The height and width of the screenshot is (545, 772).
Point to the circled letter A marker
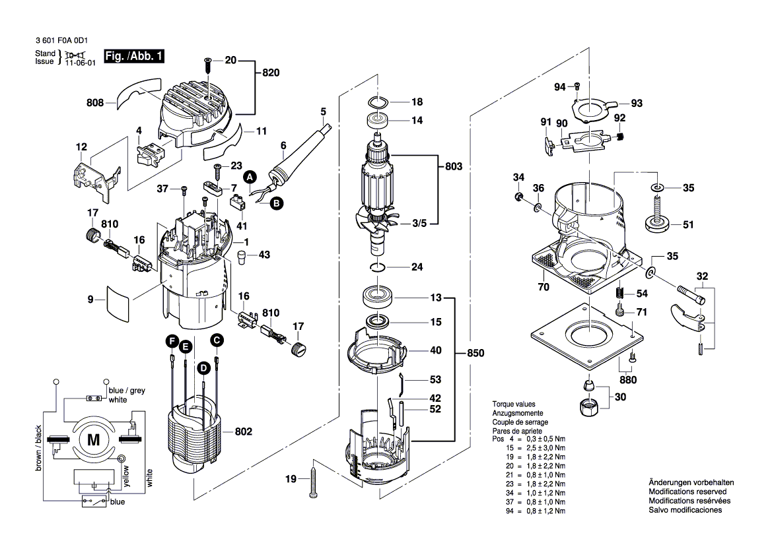250,177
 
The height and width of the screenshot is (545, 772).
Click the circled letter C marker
217,340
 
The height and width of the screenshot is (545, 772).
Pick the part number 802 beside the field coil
244,432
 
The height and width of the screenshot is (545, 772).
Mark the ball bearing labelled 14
380,121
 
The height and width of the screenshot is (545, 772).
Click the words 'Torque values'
514,404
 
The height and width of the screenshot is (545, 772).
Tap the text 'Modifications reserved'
687,492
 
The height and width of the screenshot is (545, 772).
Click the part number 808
96,103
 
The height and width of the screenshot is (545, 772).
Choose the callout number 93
637,104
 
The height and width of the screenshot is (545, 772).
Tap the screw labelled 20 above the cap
208,63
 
